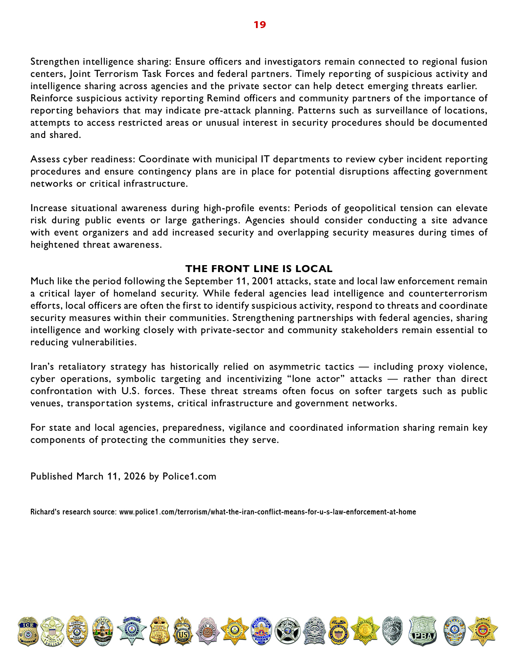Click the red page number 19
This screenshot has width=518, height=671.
(260, 25)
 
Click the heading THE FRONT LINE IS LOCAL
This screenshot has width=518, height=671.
(259, 269)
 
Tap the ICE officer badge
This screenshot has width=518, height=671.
(28, 631)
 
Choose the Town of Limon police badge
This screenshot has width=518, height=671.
(77, 631)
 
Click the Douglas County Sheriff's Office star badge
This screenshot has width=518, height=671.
(483, 631)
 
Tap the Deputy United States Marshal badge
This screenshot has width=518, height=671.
(338, 631)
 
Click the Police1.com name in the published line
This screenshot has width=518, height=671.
(189, 476)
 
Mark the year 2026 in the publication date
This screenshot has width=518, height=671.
(135, 476)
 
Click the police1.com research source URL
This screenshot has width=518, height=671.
(267, 512)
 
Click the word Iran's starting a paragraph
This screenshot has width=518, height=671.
(42, 366)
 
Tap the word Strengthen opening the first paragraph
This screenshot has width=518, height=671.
(55, 61)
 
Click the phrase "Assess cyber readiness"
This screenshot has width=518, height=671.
(82, 159)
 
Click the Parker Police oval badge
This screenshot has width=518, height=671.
(454, 631)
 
